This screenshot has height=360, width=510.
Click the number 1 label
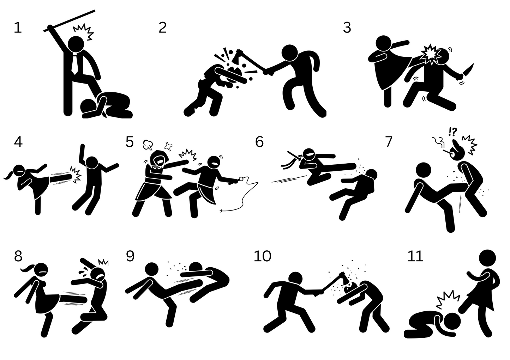pyautogui.click(x=18, y=28)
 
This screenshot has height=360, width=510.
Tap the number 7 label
pyautogui.click(x=389, y=142)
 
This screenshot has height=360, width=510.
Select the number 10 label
pyautogui.click(x=263, y=256)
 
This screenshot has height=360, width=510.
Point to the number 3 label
pyautogui.click(x=347, y=28)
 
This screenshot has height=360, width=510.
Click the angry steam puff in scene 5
pyautogui.click(x=148, y=145)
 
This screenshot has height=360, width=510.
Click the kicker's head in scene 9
pyautogui.click(x=152, y=269)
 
